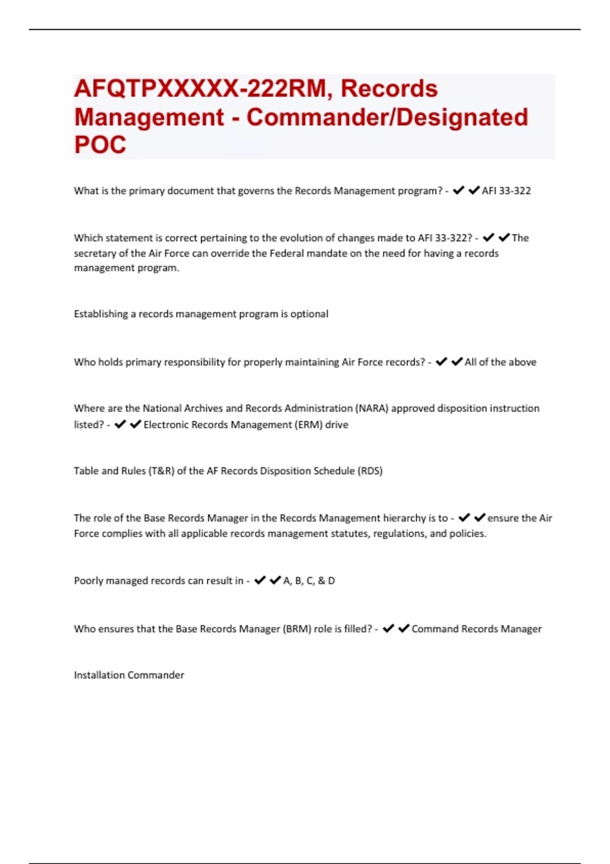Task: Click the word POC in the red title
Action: (x=100, y=145)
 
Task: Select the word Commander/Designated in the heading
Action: (x=387, y=117)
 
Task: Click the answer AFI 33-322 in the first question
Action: (x=506, y=191)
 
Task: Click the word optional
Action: (x=309, y=314)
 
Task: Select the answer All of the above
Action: (x=500, y=362)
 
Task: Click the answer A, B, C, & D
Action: (x=309, y=580)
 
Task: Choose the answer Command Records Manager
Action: (x=476, y=629)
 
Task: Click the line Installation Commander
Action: (x=129, y=675)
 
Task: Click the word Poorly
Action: (x=88, y=580)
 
